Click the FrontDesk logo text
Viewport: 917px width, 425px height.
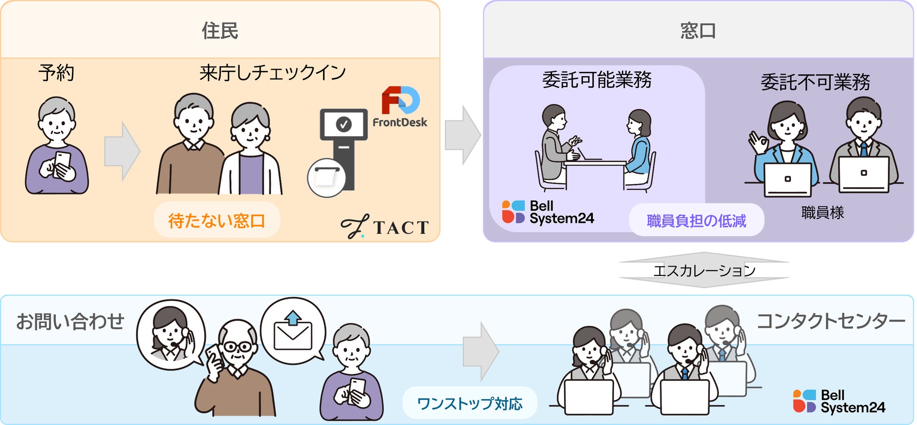pyautogui.click(x=400, y=122)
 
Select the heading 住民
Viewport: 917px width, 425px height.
pyautogui.click(x=220, y=31)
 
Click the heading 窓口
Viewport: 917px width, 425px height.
pyautogui.click(x=698, y=31)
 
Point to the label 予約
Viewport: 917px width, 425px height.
pyautogui.click(x=56, y=73)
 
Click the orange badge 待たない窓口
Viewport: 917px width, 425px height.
pyautogui.click(x=217, y=220)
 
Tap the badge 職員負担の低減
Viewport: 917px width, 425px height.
pyautogui.click(x=696, y=220)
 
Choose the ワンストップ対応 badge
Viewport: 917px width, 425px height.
pyautogui.click(x=470, y=403)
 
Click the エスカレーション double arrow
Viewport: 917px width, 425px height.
pyautogui.click(x=704, y=270)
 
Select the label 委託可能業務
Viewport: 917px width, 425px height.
pyautogui.click(x=597, y=79)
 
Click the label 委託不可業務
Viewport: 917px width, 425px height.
pyautogui.click(x=815, y=82)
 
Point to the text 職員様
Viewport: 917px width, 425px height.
pyautogui.click(x=822, y=212)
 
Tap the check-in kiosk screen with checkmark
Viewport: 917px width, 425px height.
pyautogui.click(x=344, y=124)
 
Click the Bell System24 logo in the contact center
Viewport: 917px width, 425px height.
pyautogui.click(x=839, y=401)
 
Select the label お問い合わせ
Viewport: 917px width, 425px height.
pyautogui.click(x=70, y=322)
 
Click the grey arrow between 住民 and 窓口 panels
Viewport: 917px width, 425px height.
pyautogui.click(x=463, y=135)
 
